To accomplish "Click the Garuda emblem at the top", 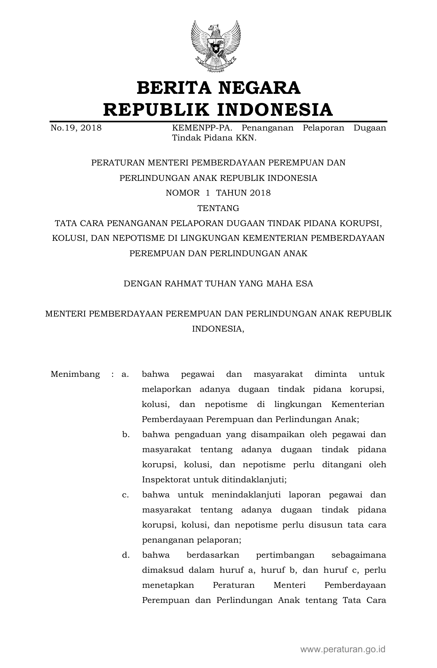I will pos(216,46).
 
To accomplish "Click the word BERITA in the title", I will pos(173,88).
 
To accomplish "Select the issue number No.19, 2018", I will pos(76,128).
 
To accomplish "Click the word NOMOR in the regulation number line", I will pos(182,193).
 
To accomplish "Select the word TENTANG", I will pos(218,208).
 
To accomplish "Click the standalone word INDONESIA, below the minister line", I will pos(218,329).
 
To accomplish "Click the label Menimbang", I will pos(75,374).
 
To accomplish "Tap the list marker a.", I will pos(125,374).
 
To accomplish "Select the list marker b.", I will pos(125,434).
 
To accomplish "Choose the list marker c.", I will pos(125,495).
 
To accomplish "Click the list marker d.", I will pos(125,555).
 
